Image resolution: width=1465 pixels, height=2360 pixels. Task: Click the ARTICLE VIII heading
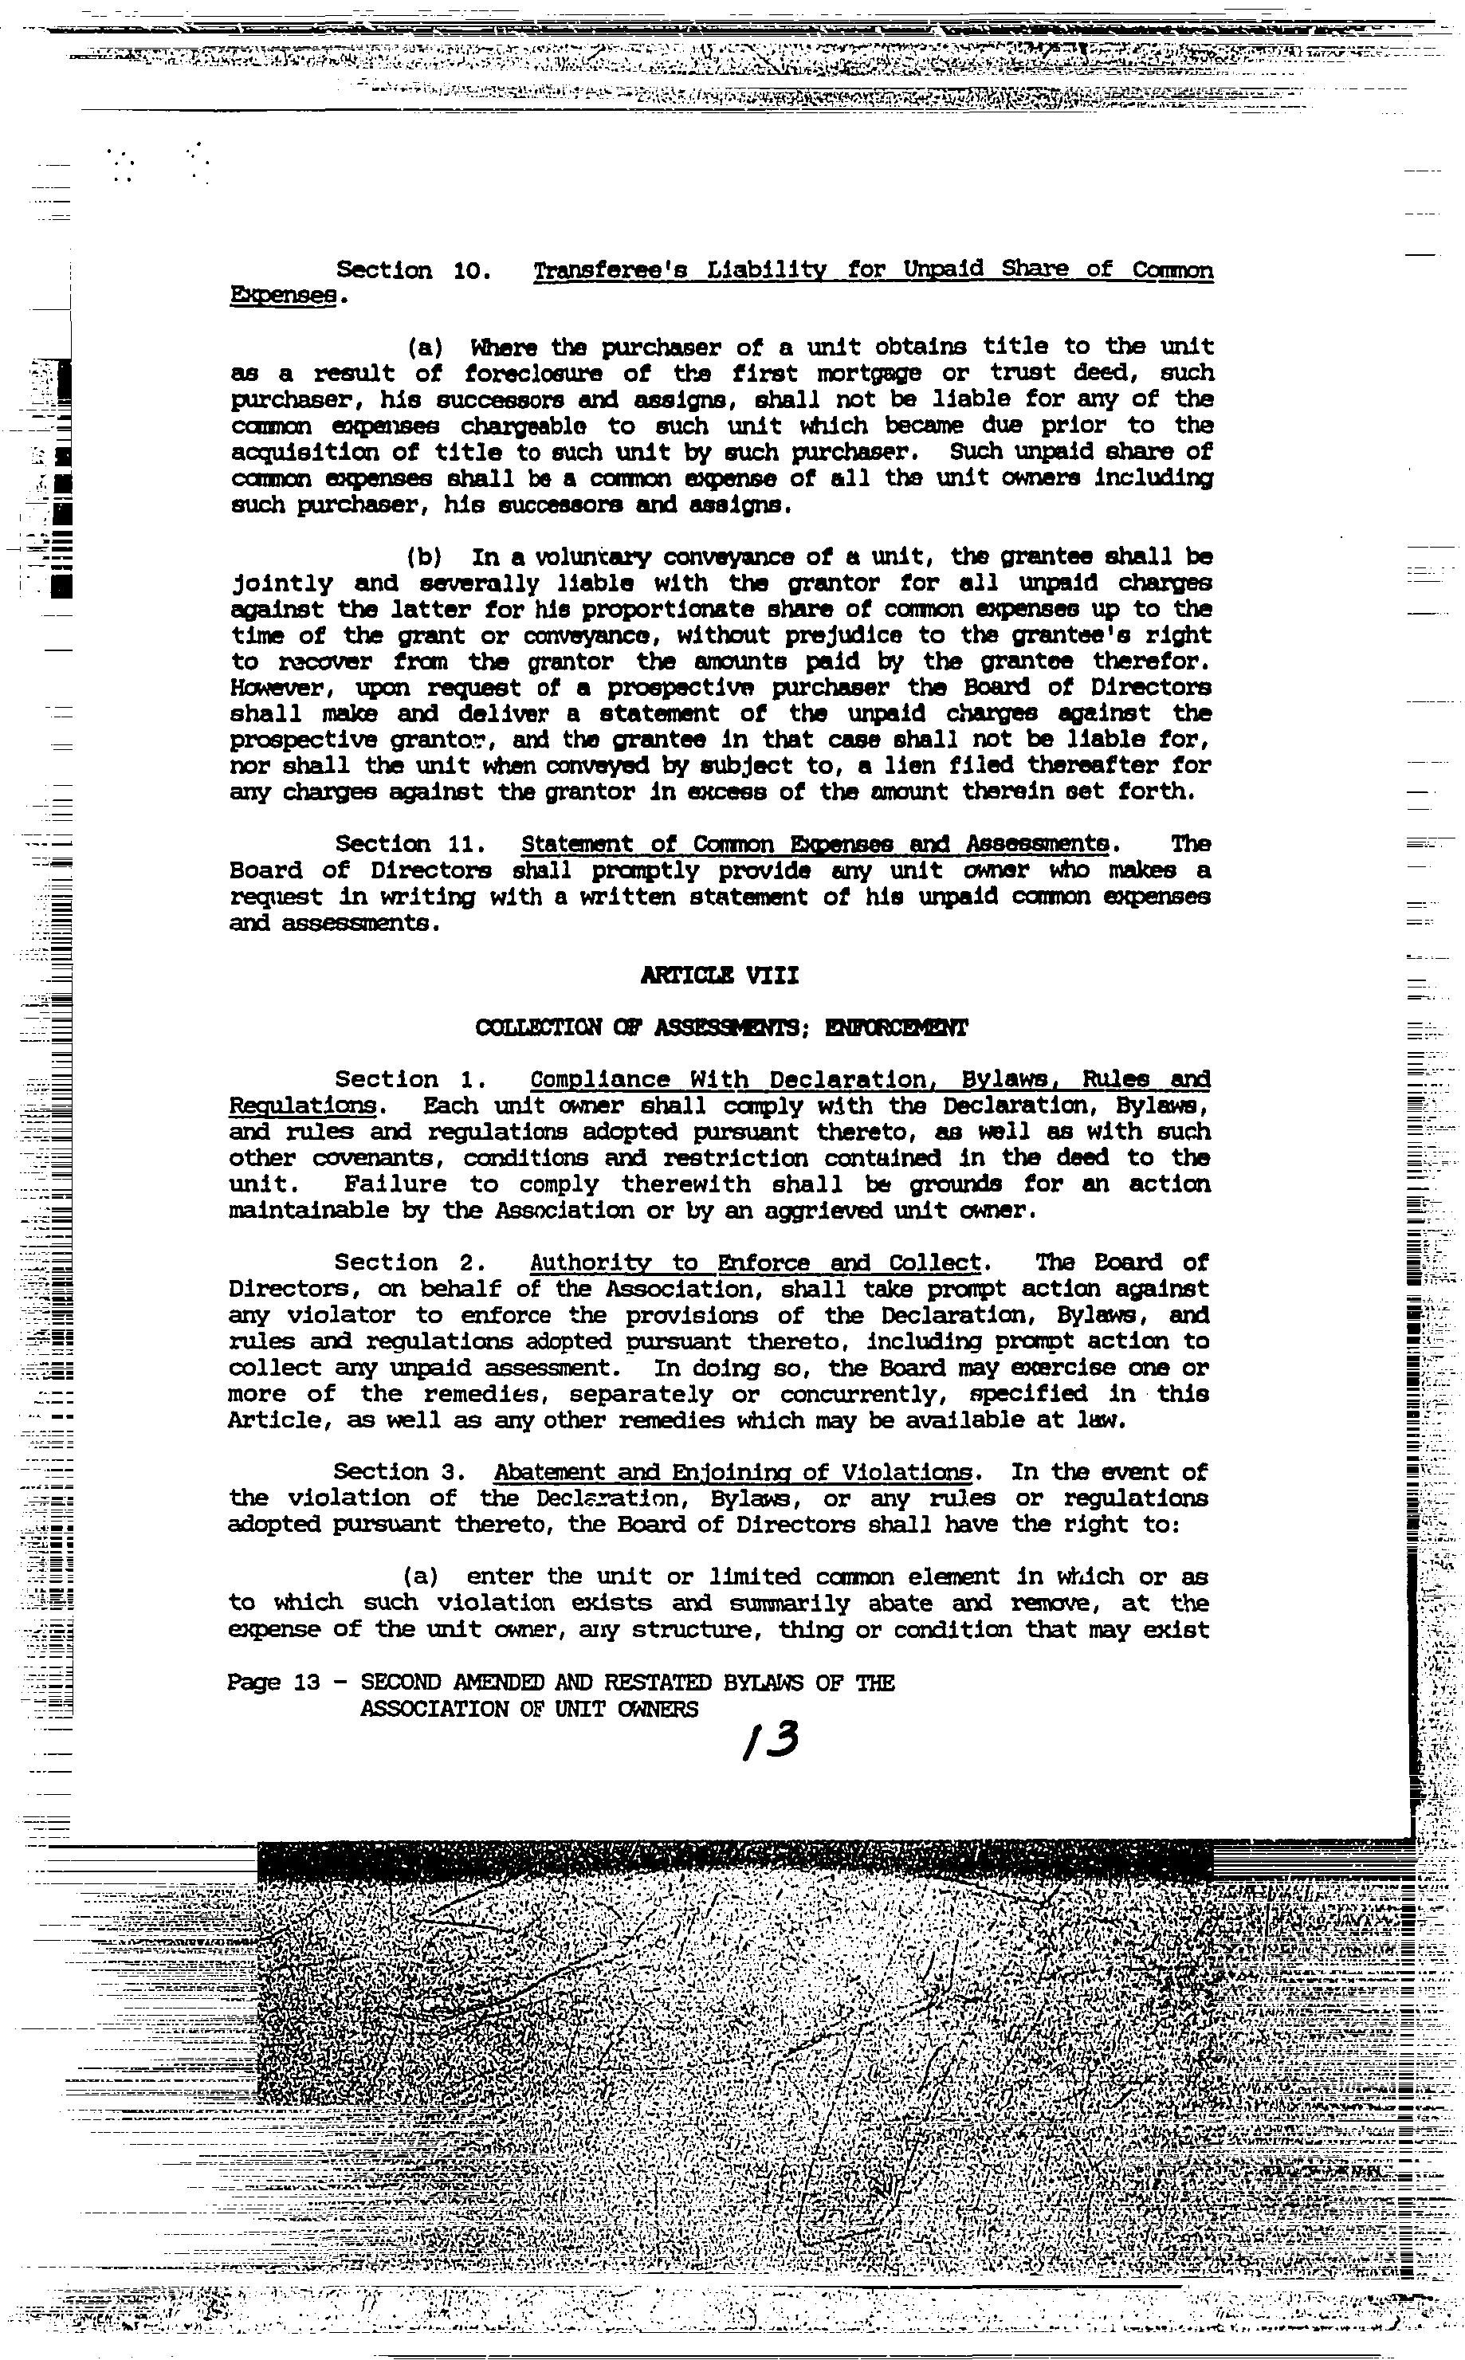point(720,976)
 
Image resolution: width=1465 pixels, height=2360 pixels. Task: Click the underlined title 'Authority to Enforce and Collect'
point(756,1262)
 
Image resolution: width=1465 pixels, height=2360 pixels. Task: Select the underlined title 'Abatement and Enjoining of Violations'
point(732,1473)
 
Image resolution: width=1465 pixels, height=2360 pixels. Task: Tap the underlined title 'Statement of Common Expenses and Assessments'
point(814,845)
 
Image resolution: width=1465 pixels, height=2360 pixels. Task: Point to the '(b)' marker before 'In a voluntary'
point(423,558)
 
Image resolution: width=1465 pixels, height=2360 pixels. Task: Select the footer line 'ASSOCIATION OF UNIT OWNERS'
point(528,1709)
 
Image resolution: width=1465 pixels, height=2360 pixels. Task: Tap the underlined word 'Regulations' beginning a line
point(300,1105)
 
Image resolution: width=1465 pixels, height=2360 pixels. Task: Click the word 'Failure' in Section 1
point(395,1185)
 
